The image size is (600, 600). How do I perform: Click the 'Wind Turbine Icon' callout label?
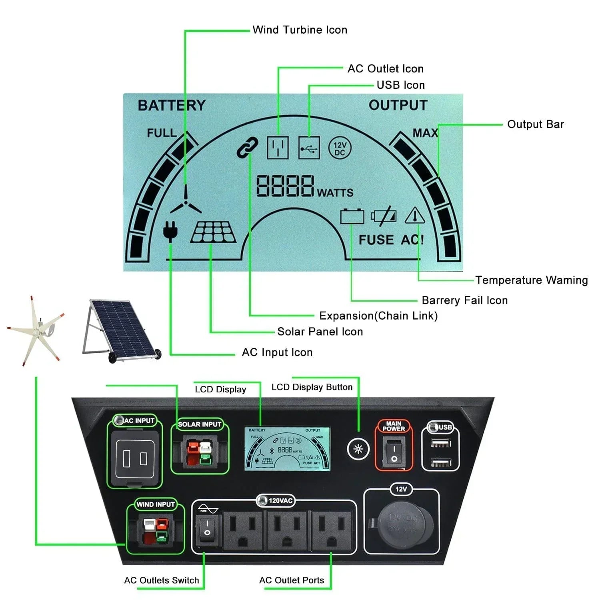coord(300,30)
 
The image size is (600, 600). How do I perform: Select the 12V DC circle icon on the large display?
coord(340,148)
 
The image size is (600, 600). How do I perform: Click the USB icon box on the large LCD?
coord(309,148)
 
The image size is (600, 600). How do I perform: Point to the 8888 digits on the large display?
coord(285,186)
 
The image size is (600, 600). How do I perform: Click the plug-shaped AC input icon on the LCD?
coord(170,231)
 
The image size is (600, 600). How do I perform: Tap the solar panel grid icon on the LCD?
coord(213,232)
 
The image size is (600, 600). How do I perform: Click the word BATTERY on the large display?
coord(172,106)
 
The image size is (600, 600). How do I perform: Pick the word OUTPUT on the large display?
coord(398,105)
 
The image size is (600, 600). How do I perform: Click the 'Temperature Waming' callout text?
coord(531,280)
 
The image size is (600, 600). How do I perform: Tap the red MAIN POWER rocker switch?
coord(394,451)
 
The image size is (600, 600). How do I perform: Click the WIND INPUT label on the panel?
coord(156,504)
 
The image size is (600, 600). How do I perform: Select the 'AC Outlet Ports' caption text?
coord(292,580)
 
